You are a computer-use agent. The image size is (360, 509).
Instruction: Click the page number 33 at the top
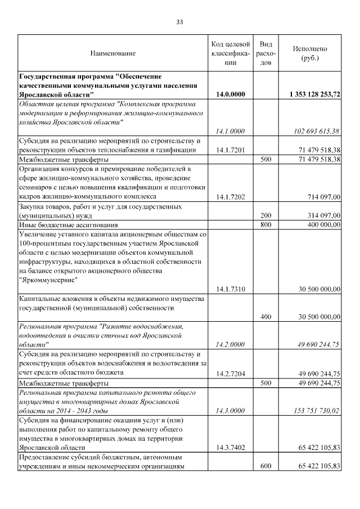pyautogui.click(x=179, y=22)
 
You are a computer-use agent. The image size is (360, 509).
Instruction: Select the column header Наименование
pyautogui.click(x=112, y=53)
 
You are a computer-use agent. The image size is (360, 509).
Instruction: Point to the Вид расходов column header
pyautogui.click(x=266, y=53)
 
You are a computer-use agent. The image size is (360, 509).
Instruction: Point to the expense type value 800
pyautogui.click(x=266, y=224)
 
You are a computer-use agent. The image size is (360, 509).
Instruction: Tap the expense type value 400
pyautogui.click(x=266, y=317)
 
